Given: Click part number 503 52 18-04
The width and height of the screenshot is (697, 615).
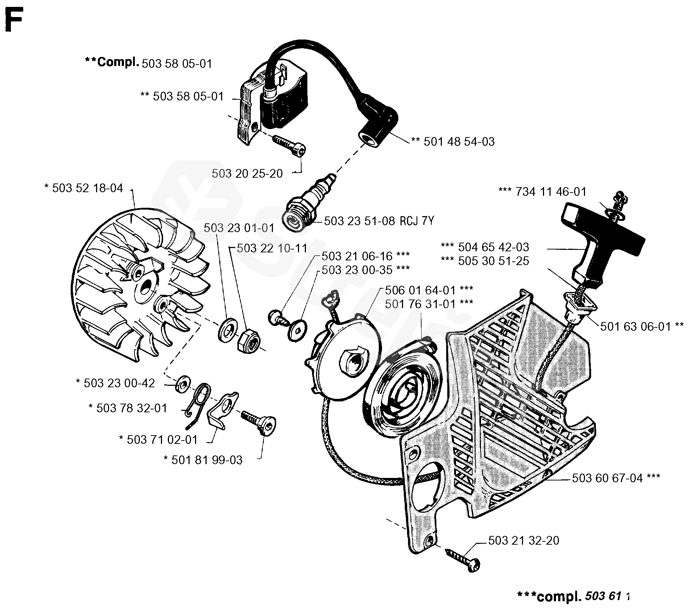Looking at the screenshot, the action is pyautogui.click(x=87, y=188).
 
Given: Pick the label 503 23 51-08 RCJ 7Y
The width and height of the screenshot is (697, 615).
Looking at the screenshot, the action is pyautogui.click(x=379, y=221).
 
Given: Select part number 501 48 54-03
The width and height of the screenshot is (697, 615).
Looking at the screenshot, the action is pyautogui.click(x=459, y=141).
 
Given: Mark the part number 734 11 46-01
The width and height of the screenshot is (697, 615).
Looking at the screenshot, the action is pyautogui.click(x=551, y=192).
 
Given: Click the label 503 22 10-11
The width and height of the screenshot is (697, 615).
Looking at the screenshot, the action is pyautogui.click(x=272, y=248).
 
